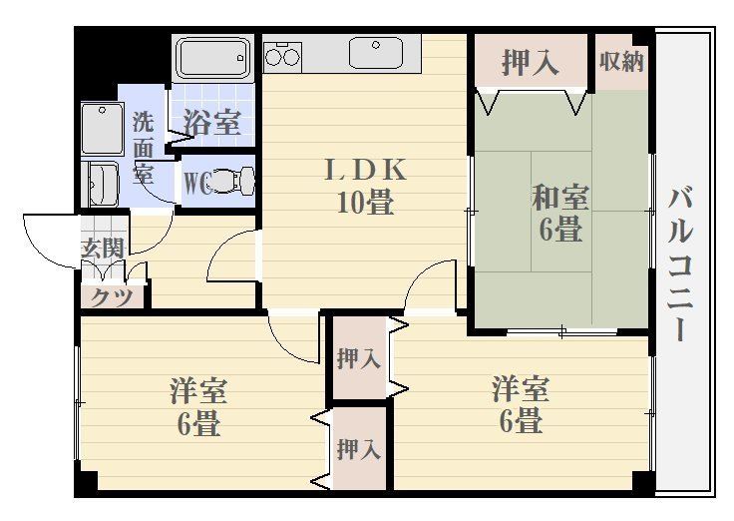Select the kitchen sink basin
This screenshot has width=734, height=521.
tap(375, 51)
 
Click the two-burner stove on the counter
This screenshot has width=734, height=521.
tap(282, 54)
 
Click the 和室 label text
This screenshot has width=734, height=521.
tap(559, 197)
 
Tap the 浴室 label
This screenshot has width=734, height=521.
tap(211, 123)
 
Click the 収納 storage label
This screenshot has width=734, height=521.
tap(621, 62)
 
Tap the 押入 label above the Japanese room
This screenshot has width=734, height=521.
tap(529, 63)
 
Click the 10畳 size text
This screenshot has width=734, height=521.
tap(364, 203)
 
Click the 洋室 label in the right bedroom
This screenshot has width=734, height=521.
tap(521, 387)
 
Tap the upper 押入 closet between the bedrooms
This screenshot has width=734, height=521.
tap(358, 358)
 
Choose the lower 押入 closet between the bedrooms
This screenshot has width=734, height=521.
tap(358, 449)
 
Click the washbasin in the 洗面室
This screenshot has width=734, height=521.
tap(102, 184)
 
